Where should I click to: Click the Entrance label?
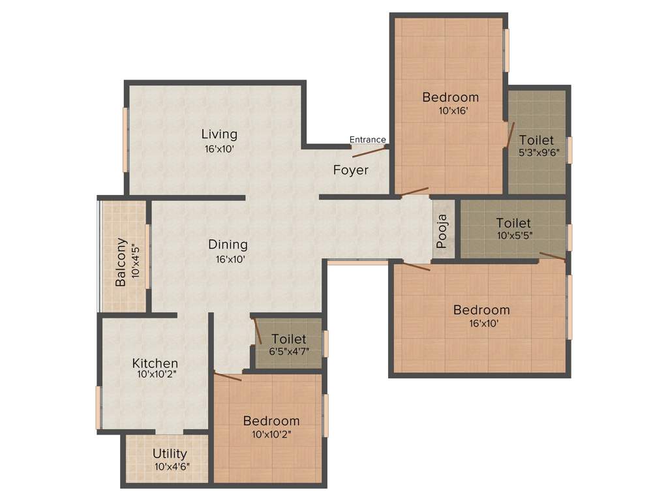[x=367, y=140]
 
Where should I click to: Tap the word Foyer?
[x=351, y=170]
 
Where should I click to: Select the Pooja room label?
[x=442, y=232]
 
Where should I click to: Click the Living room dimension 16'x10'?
[x=219, y=149]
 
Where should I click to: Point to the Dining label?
[x=228, y=245]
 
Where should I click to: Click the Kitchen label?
[x=155, y=363]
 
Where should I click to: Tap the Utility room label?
[x=170, y=453]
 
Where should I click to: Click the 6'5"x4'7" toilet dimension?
[x=289, y=351]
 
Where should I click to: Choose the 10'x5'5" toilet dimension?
[x=513, y=235]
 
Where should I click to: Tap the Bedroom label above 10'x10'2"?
[x=271, y=421]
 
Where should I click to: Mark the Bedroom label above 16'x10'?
[x=481, y=310]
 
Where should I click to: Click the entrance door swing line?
[x=368, y=152]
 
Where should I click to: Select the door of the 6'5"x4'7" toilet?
[x=258, y=331]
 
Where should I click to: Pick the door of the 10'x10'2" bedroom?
[x=228, y=376]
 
